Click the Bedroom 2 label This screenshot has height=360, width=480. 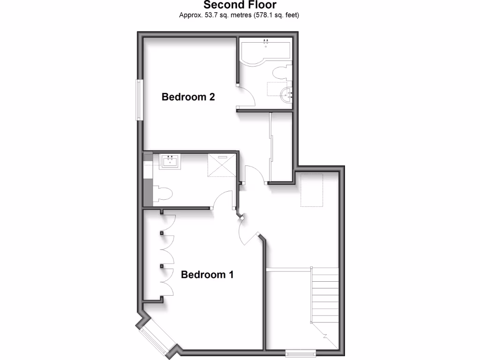188,97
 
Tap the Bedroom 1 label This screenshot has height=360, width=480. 207,275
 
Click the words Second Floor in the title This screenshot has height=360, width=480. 240,5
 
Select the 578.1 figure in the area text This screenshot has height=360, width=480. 265,15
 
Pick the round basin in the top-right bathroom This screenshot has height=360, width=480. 286,95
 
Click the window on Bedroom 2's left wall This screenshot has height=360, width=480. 139,99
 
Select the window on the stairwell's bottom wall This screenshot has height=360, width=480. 300,352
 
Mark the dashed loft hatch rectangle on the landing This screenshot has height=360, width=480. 312,190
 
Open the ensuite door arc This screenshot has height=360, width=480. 223,199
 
